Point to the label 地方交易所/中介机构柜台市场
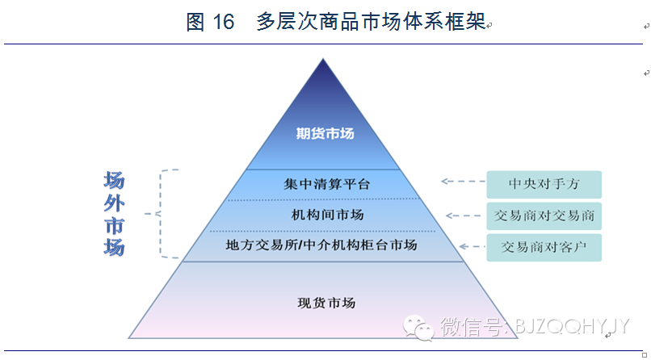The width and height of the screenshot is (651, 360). click(x=321, y=245)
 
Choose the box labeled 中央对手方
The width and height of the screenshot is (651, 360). click(x=544, y=185)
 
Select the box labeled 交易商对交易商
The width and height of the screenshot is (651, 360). click(x=544, y=216)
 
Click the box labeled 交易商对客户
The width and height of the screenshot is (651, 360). click(x=544, y=246)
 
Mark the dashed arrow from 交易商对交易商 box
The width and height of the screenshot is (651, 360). click(x=465, y=216)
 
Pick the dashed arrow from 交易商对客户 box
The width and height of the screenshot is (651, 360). click(x=470, y=246)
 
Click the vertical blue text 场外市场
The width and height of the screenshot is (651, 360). click(x=114, y=214)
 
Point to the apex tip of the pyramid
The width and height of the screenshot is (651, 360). click(x=323, y=61)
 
